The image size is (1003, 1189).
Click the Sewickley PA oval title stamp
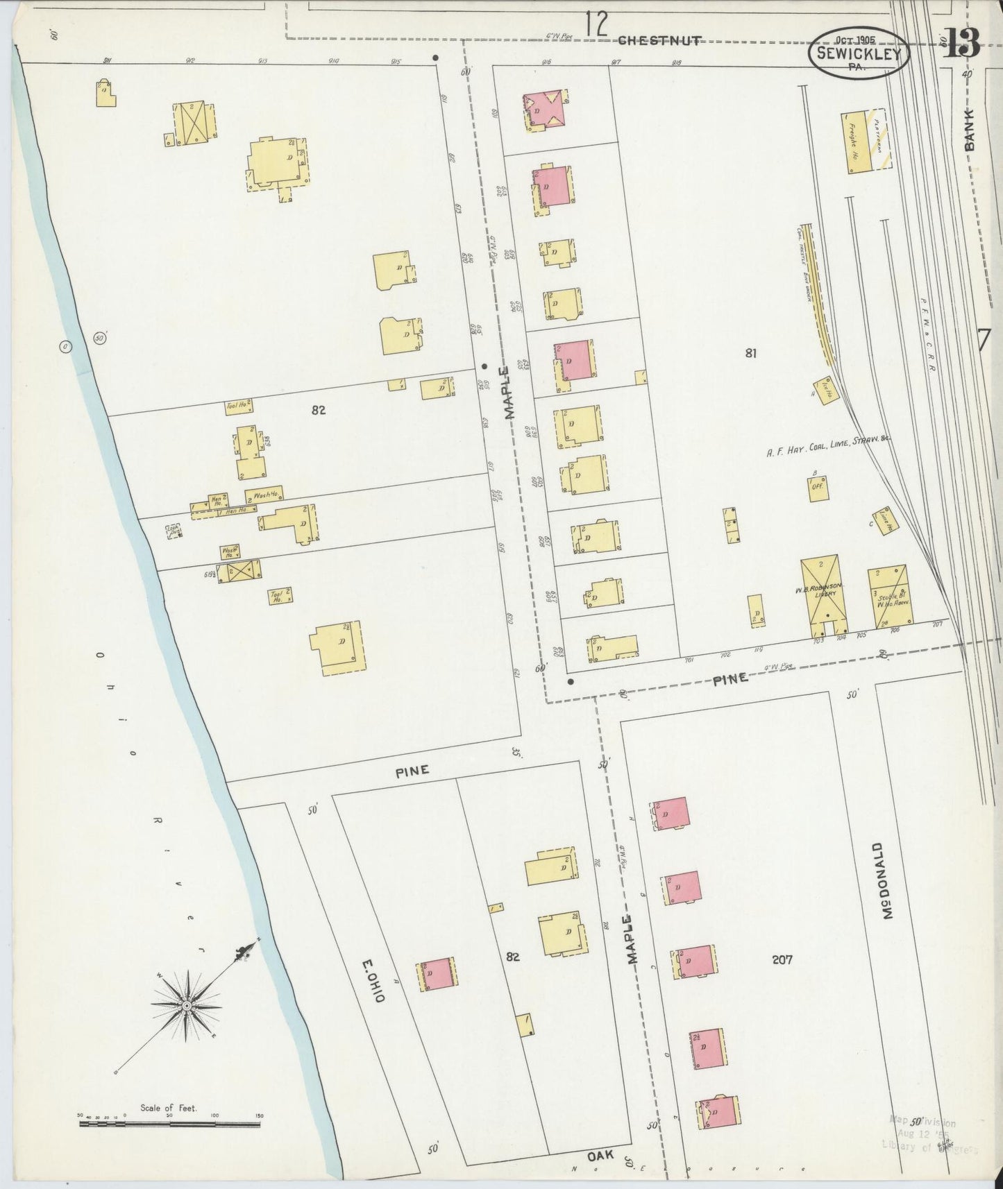tap(859, 51)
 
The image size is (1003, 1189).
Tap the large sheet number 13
tap(961, 43)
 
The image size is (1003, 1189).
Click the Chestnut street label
tap(659, 40)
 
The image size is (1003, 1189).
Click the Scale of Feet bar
tap(170, 1122)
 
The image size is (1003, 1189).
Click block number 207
tap(782, 960)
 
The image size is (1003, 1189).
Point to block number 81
tap(750, 353)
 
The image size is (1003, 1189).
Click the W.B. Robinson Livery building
tap(825, 595)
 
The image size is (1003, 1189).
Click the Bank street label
tap(970, 130)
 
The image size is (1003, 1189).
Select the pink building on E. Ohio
tap(437, 975)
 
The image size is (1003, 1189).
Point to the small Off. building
tap(816, 487)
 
